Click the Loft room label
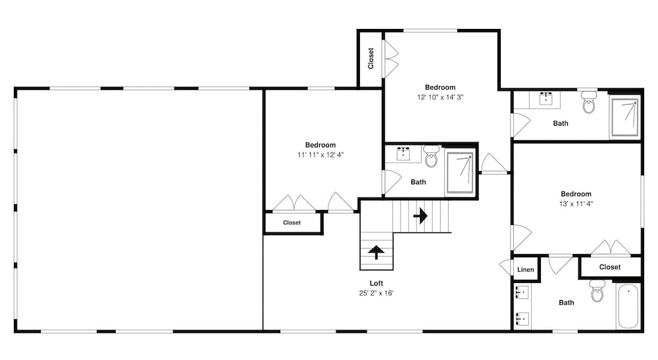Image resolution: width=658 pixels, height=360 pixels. (376, 283)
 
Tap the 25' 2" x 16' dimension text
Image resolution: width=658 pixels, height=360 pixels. (376, 293)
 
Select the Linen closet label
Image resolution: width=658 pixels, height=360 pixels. (525, 269)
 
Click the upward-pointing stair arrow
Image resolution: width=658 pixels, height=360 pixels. (376, 252)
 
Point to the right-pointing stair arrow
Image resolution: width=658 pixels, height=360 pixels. (420, 216)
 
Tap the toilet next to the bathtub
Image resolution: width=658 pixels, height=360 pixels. (597, 290)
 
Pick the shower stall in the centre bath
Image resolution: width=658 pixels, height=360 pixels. (461, 172)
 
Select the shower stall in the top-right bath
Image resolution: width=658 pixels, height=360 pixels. (625, 117)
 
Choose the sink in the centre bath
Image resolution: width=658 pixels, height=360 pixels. (403, 153)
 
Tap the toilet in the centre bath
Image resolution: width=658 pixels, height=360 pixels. (432, 156)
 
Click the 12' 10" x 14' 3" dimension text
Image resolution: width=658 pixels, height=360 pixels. (440, 97)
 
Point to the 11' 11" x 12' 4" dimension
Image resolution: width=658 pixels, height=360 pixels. (320, 155)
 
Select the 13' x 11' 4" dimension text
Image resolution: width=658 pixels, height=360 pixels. (576, 204)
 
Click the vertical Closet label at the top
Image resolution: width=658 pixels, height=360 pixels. (370, 59)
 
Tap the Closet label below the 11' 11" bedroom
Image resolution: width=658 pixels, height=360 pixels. (291, 223)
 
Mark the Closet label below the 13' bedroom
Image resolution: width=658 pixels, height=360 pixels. (610, 267)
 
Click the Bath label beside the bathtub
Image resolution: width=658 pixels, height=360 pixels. (566, 303)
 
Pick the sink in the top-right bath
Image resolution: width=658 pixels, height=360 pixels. (545, 98)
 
